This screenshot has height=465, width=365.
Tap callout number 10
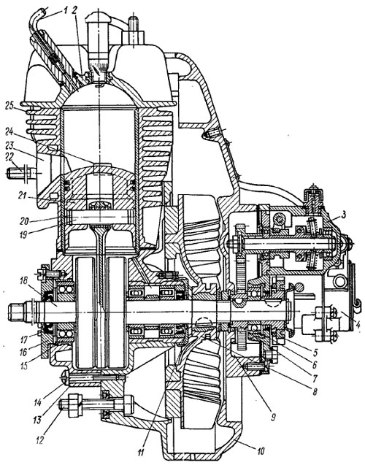(260, 451)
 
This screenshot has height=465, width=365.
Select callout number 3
(344, 215)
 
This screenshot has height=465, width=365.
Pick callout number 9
(273, 418)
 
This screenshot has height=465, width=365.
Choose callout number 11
(141, 453)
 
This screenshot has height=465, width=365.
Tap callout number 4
(358, 324)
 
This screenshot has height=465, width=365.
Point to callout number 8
(315, 391)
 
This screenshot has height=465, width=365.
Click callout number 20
(25, 221)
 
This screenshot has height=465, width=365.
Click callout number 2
(74, 11)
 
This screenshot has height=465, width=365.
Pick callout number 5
(315, 353)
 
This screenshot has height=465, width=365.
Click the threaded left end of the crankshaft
(18, 312)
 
